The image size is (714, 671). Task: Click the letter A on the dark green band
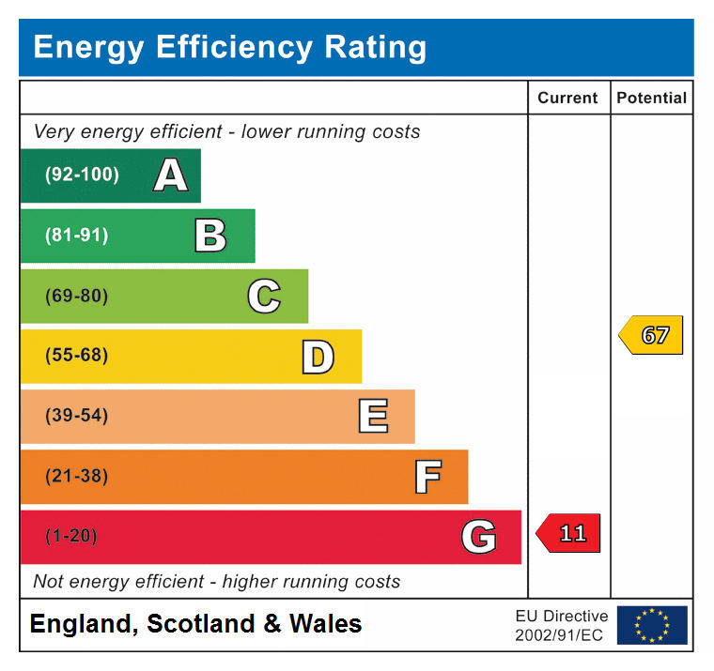click(x=170, y=175)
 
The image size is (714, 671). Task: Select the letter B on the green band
click(x=210, y=236)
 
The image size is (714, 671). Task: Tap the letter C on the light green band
click(x=264, y=297)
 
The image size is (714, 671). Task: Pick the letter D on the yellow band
click(x=318, y=357)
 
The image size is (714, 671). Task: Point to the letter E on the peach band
click(x=373, y=417)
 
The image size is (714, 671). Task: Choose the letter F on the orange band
click(x=427, y=477)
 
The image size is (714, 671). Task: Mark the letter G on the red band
click(x=478, y=537)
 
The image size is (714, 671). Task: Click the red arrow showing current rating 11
click(x=568, y=533)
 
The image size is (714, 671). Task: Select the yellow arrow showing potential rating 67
click(x=651, y=335)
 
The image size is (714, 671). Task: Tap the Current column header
click(x=567, y=98)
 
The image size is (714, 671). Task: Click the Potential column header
click(x=651, y=98)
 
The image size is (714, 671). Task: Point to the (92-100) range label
click(x=82, y=175)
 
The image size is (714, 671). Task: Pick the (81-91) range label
click(x=76, y=236)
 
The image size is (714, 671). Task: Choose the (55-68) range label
click(x=76, y=356)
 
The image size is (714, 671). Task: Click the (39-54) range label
click(x=76, y=416)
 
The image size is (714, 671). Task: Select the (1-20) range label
click(x=71, y=536)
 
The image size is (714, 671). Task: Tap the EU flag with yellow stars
click(x=652, y=625)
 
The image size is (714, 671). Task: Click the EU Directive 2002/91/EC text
click(x=561, y=625)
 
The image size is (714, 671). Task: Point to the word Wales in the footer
click(x=325, y=624)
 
